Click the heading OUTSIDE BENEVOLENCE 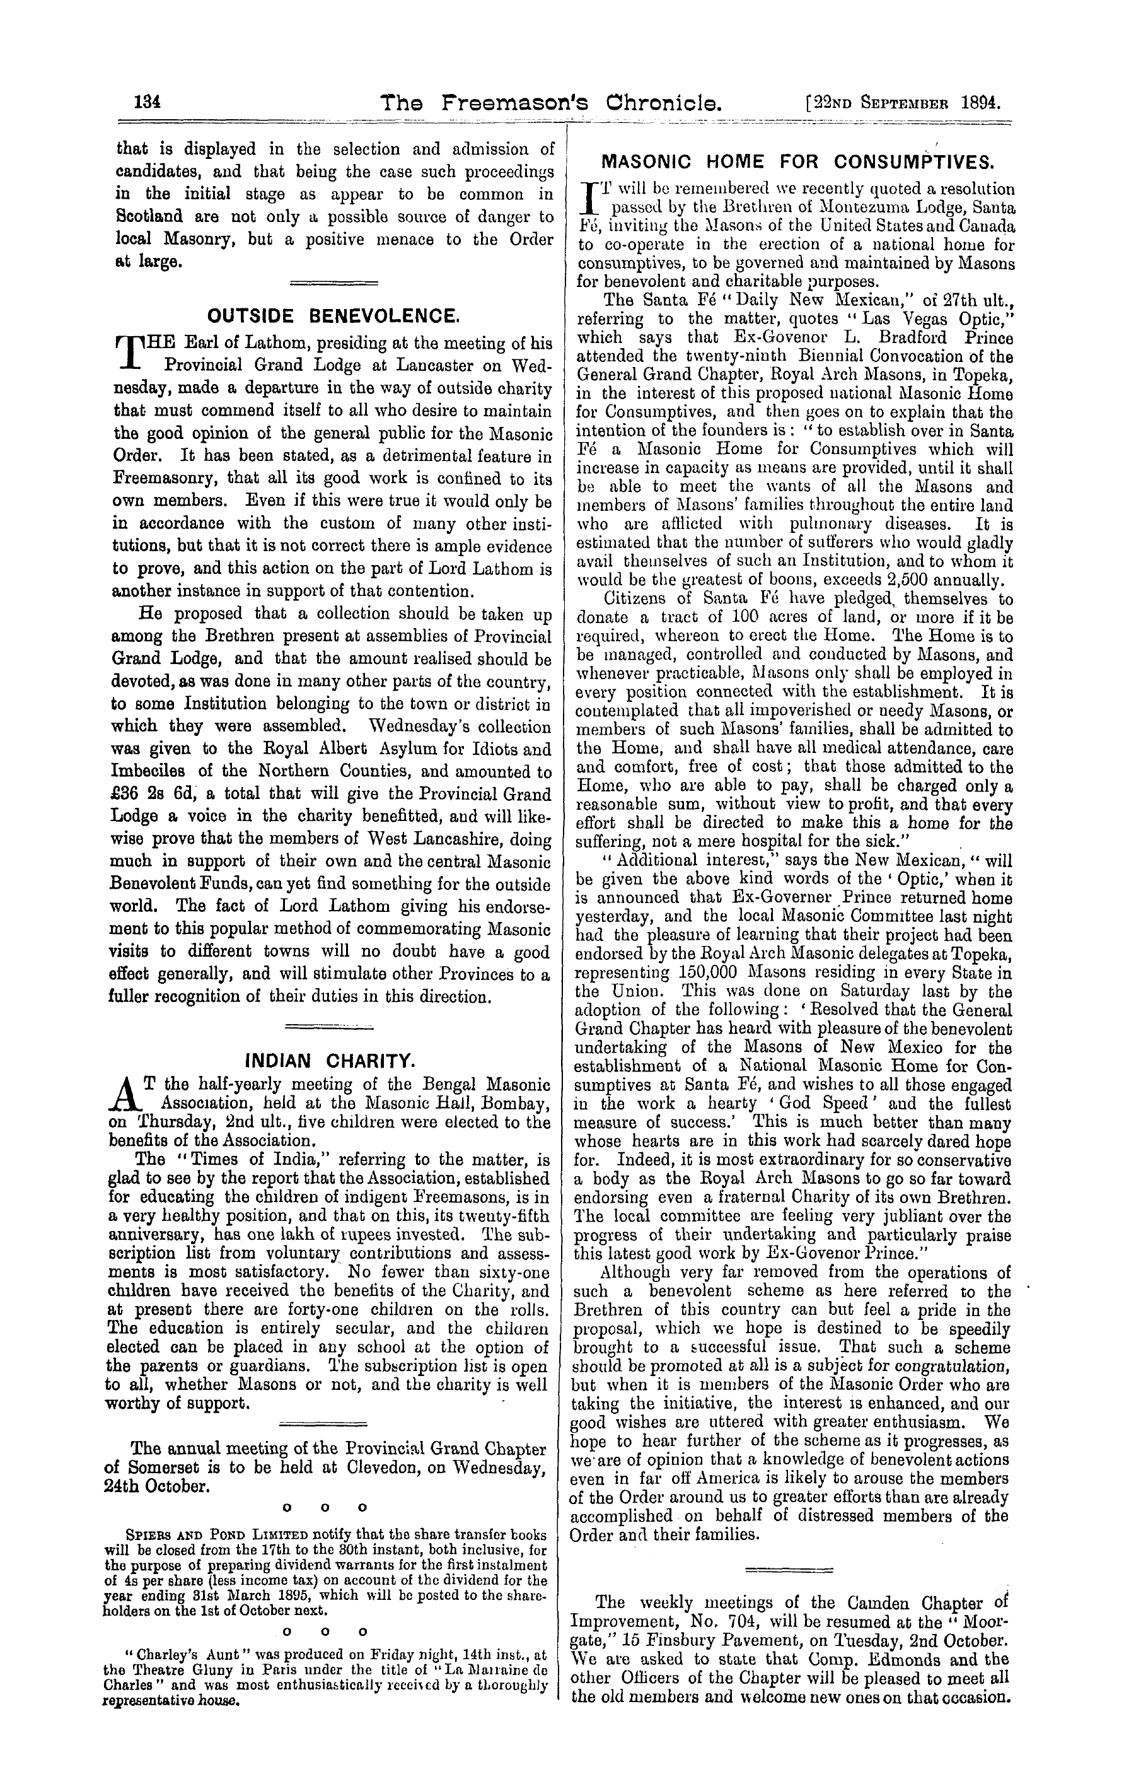click(x=333, y=316)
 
